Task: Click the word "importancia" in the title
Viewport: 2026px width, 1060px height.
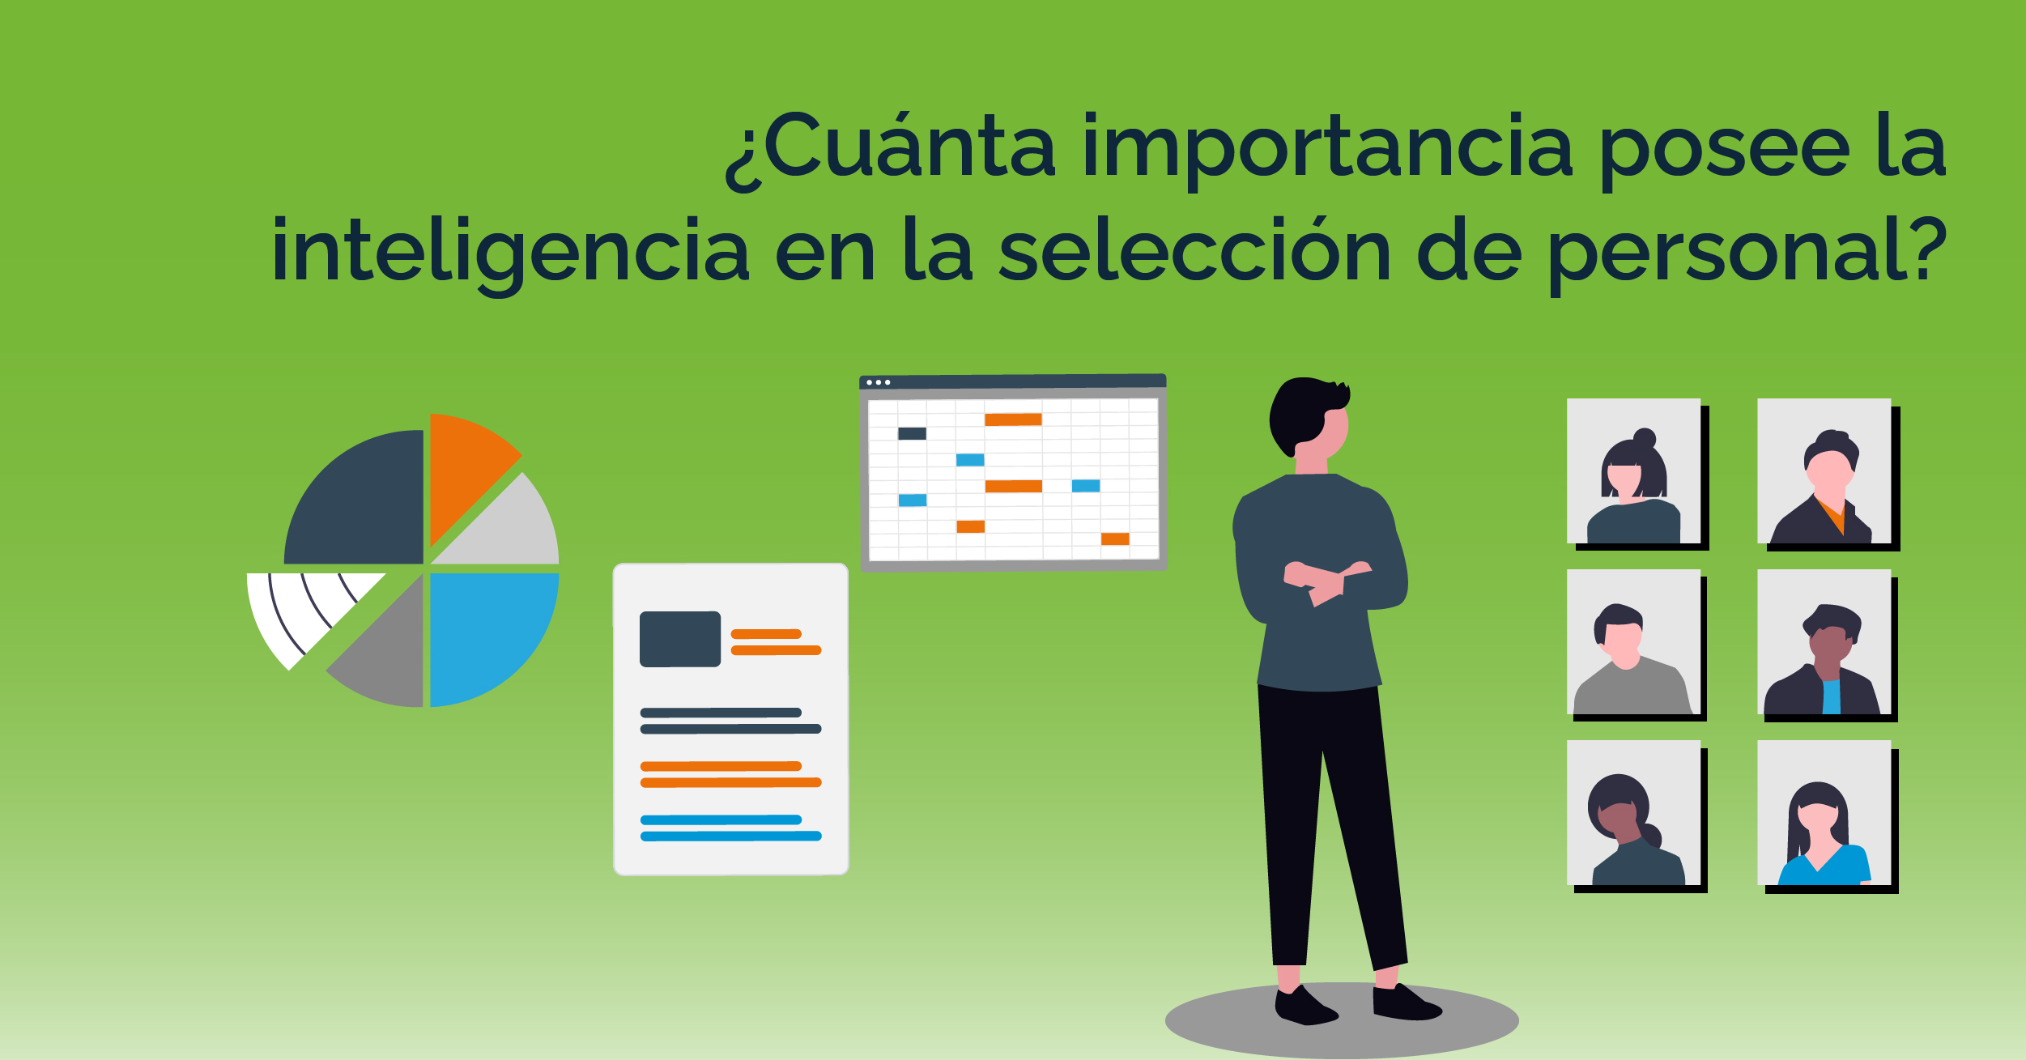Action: coord(1327,150)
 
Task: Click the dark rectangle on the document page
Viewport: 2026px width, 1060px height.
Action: coord(680,639)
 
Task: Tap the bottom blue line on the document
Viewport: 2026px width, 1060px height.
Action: coord(731,837)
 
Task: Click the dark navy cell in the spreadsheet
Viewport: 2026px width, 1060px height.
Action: coord(912,433)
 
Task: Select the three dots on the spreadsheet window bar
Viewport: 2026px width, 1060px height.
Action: coord(879,382)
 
